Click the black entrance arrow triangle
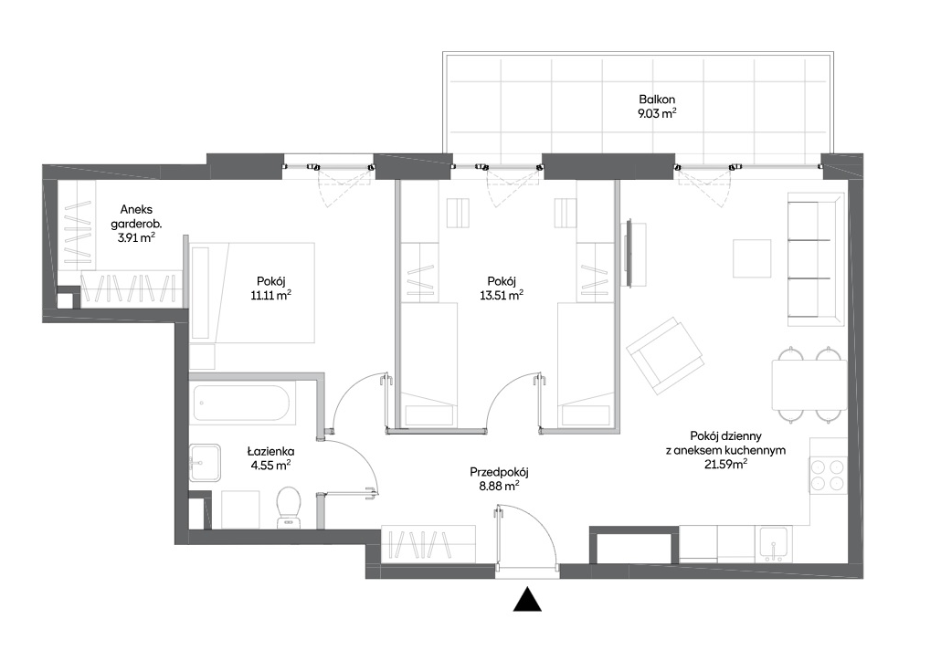(527, 599)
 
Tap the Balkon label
(657, 100)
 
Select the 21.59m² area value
(725, 463)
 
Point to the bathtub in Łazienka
(244, 403)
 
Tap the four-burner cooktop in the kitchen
(828, 475)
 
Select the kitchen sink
(774, 544)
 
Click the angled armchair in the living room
(665, 356)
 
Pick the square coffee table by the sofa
(752, 258)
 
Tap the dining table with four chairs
(809, 384)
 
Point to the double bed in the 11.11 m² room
(252, 292)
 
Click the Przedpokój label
(500, 473)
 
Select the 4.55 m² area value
(271, 465)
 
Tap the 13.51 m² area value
(502, 295)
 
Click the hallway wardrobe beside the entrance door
(428, 544)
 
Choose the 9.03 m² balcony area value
(657, 113)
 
